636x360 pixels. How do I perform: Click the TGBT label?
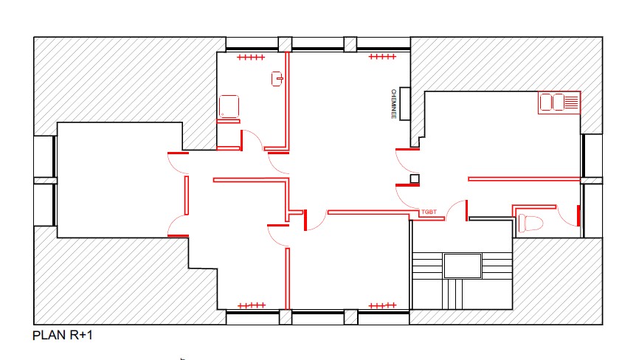point(429,212)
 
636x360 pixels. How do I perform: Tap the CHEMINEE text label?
point(393,104)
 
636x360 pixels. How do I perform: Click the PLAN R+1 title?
point(63,335)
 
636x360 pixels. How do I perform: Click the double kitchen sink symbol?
point(559,102)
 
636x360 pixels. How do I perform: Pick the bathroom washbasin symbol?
point(277,79)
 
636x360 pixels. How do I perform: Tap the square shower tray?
point(229,107)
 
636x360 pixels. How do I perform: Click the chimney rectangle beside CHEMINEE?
point(405,104)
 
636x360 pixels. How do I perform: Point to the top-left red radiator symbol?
point(251,57)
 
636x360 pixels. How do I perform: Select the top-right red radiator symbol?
point(382,56)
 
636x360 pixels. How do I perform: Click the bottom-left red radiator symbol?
point(252,305)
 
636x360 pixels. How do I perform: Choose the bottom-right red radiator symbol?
point(382,305)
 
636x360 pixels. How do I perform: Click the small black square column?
point(415,179)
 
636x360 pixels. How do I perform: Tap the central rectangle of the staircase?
point(463,266)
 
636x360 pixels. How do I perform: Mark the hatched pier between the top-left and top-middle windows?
point(285,44)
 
